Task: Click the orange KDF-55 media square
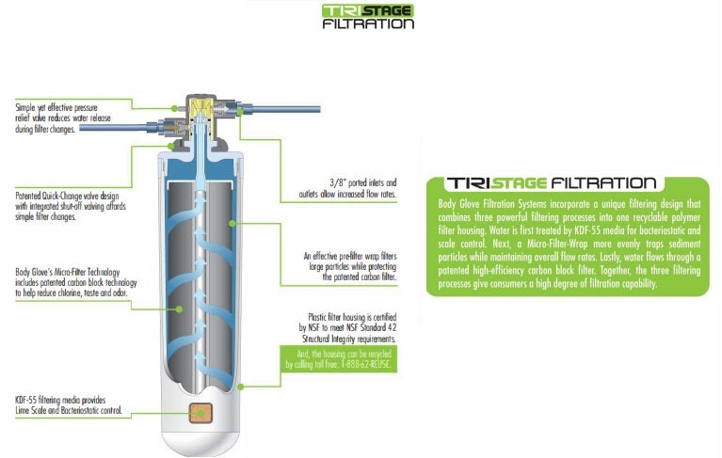(x=201, y=413)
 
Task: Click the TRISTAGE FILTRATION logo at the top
(x=368, y=17)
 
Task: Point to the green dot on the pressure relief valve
(x=174, y=108)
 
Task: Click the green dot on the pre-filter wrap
(x=233, y=224)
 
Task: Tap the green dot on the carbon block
(x=179, y=309)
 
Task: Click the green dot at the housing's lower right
(x=240, y=387)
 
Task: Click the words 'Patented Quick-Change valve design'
(x=67, y=196)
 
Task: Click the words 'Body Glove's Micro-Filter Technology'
(x=68, y=272)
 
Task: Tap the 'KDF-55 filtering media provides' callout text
(x=60, y=400)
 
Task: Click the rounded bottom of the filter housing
(x=201, y=439)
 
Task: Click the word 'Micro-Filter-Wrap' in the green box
(x=557, y=244)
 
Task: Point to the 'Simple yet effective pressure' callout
(x=56, y=107)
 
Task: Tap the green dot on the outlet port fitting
(x=239, y=111)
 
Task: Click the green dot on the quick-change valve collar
(x=170, y=146)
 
